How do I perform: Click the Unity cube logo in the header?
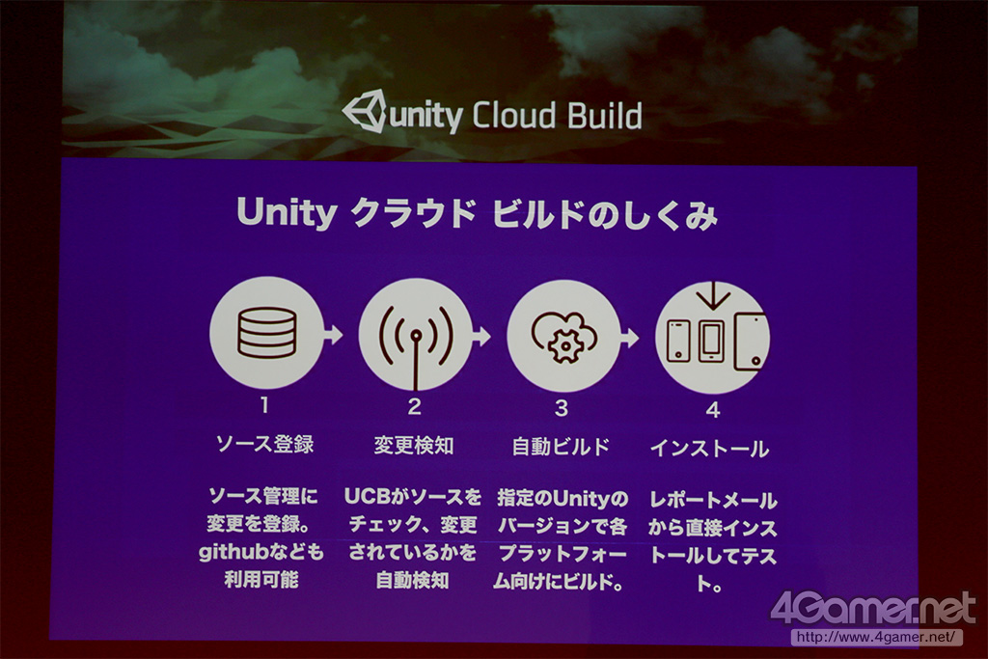(364, 111)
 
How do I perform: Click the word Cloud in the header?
(514, 116)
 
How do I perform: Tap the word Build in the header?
(605, 116)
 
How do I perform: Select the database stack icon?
(267, 332)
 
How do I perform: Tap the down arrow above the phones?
(713, 295)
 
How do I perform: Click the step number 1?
(264, 404)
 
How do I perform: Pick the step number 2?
(414, 406)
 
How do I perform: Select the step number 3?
(562, 408)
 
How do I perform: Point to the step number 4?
(713, 410)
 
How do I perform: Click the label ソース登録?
(264, 444)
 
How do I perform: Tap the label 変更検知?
(414, 446)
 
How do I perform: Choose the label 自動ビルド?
(561, 447)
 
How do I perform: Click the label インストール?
(709, 449)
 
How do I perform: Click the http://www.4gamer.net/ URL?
(876, 637)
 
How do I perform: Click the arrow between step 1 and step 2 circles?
(333, 334)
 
